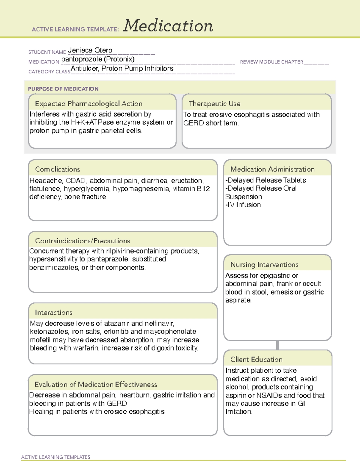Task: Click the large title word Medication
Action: (x=168, y=26)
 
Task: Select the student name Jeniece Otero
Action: (x=90, y=50)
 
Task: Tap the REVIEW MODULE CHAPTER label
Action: (x=271, y=62)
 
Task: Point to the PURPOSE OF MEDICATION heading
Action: (x=63, y=89)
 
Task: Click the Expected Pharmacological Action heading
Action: (x=88, y=104)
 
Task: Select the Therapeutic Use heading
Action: (x=214, y=104)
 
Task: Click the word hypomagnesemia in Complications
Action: (x=141, y=189)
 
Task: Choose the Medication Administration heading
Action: (x=272, y=169)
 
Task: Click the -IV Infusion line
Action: (x=243, y=205)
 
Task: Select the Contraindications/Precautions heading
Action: (x=82, y=241)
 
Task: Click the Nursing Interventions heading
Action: (x=264, y=264)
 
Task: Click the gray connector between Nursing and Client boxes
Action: (x=277, y=345)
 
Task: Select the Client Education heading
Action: (x=256, y=359)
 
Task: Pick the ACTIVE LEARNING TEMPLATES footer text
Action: (x=56, y=457)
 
